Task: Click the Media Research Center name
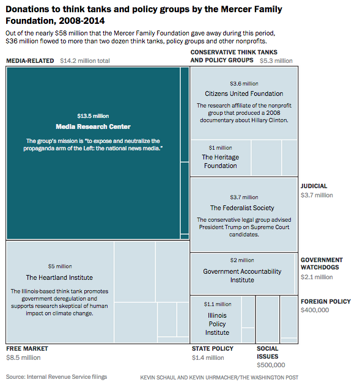point(93,126)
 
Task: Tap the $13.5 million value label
point(93,116)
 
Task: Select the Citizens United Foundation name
point(244,93)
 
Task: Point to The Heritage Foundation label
point(221,161)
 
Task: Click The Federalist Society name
point(242,208)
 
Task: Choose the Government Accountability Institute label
point(242,276)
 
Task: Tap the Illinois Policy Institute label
point(217,324)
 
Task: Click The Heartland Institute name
point(59,277)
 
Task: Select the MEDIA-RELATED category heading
point(30,61)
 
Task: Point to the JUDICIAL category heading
point(314,186)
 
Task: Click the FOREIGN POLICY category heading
point(326,302)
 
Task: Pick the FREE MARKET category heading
point(28,349)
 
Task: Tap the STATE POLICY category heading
point(213,349)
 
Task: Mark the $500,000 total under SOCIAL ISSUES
point(271,365)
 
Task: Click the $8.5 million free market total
point(23,358)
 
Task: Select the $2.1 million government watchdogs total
point(317,277)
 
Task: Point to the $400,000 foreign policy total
point(315,310)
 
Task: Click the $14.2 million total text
point(85,61)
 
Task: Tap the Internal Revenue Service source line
point(57,377)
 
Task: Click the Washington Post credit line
point(219,378)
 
